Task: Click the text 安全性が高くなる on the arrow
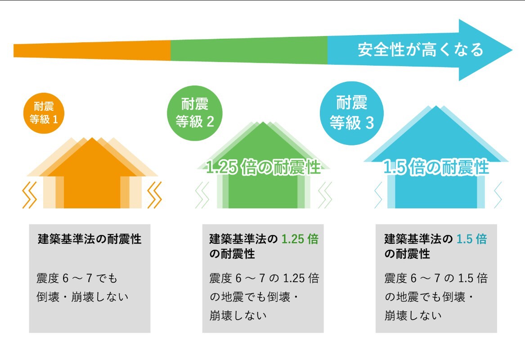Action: [420, 49]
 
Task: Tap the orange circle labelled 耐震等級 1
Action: [44, 113]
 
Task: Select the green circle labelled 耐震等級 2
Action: [194, 113]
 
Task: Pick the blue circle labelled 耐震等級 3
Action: [351, 113]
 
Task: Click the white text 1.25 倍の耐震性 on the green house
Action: [263, 167]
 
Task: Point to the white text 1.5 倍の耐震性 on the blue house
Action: [435, 167]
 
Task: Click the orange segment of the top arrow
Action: [92, 50]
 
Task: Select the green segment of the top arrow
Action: [249, 50]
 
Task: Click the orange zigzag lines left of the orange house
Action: [30, 194]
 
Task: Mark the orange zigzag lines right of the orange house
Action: [154, 194]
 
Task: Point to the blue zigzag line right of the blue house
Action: [498, 194]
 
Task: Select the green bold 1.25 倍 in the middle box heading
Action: [300, 239]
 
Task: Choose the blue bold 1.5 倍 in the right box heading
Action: [471, 239]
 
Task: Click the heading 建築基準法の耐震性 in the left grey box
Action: [90, 239]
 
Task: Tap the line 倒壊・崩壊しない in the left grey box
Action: [82, 297]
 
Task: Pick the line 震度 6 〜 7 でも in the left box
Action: [76, 279]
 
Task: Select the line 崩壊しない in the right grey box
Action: [413, 315]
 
